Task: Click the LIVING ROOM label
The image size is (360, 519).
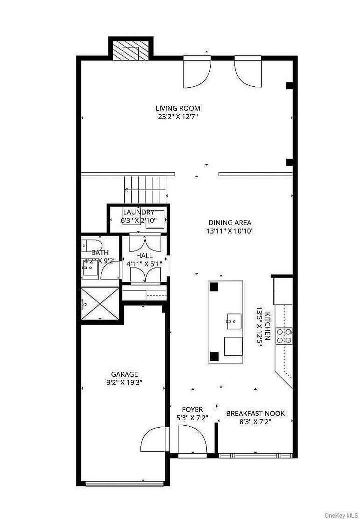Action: (178, 108)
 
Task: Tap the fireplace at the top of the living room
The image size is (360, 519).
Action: (130, 50)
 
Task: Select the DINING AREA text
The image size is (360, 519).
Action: (230, 223)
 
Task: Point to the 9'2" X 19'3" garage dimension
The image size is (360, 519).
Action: (124, 383)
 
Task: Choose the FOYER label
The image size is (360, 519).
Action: (192, 410)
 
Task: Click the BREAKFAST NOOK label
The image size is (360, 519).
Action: (255, 413)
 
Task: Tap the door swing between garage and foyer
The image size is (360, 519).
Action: (154, 439)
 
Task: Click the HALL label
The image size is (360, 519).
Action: (148, 256)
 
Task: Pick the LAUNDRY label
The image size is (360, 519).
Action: (138, 212)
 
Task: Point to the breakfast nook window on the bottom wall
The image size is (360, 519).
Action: (255, 455)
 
